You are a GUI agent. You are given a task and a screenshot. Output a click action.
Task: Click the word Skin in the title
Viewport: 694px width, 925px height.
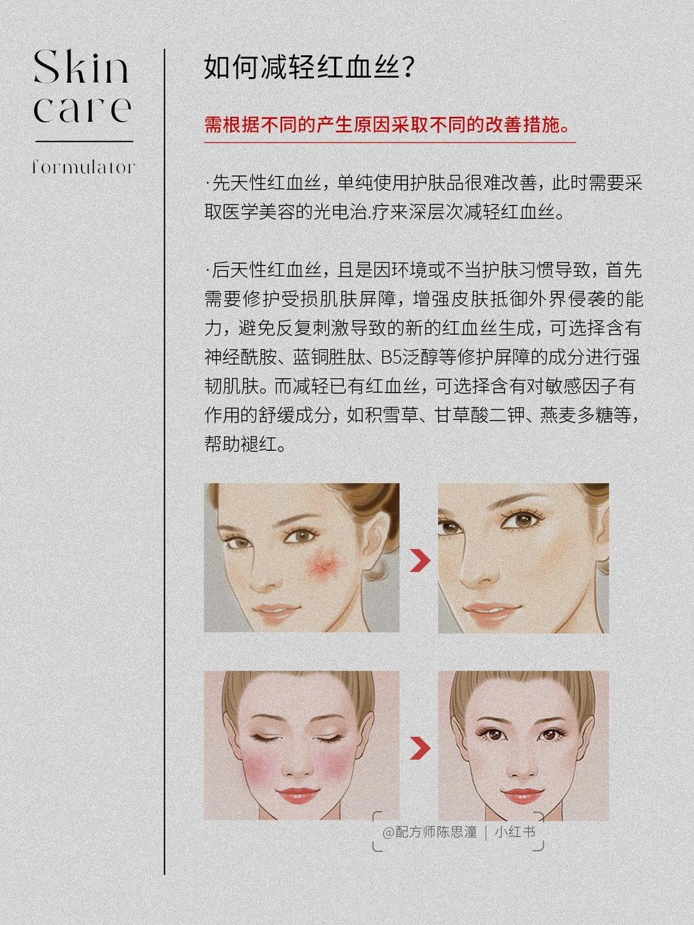pos(81,67)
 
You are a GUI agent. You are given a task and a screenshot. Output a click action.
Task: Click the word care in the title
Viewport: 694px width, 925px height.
pos(82,109)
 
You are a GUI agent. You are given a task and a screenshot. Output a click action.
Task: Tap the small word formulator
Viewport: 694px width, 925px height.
pos(84,167)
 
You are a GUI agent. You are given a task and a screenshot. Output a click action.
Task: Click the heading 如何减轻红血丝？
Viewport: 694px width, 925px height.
pos(309,67)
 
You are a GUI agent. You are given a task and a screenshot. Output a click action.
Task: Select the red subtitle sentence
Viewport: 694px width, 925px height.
pos(387,125)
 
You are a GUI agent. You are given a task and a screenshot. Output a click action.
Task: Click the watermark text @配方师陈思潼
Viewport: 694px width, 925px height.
pos(429,832)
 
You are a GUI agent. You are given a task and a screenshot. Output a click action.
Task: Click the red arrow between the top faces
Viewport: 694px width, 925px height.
pos(420,561)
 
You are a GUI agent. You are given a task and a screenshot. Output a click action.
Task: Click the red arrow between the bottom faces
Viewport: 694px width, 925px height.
pos(420,748)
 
